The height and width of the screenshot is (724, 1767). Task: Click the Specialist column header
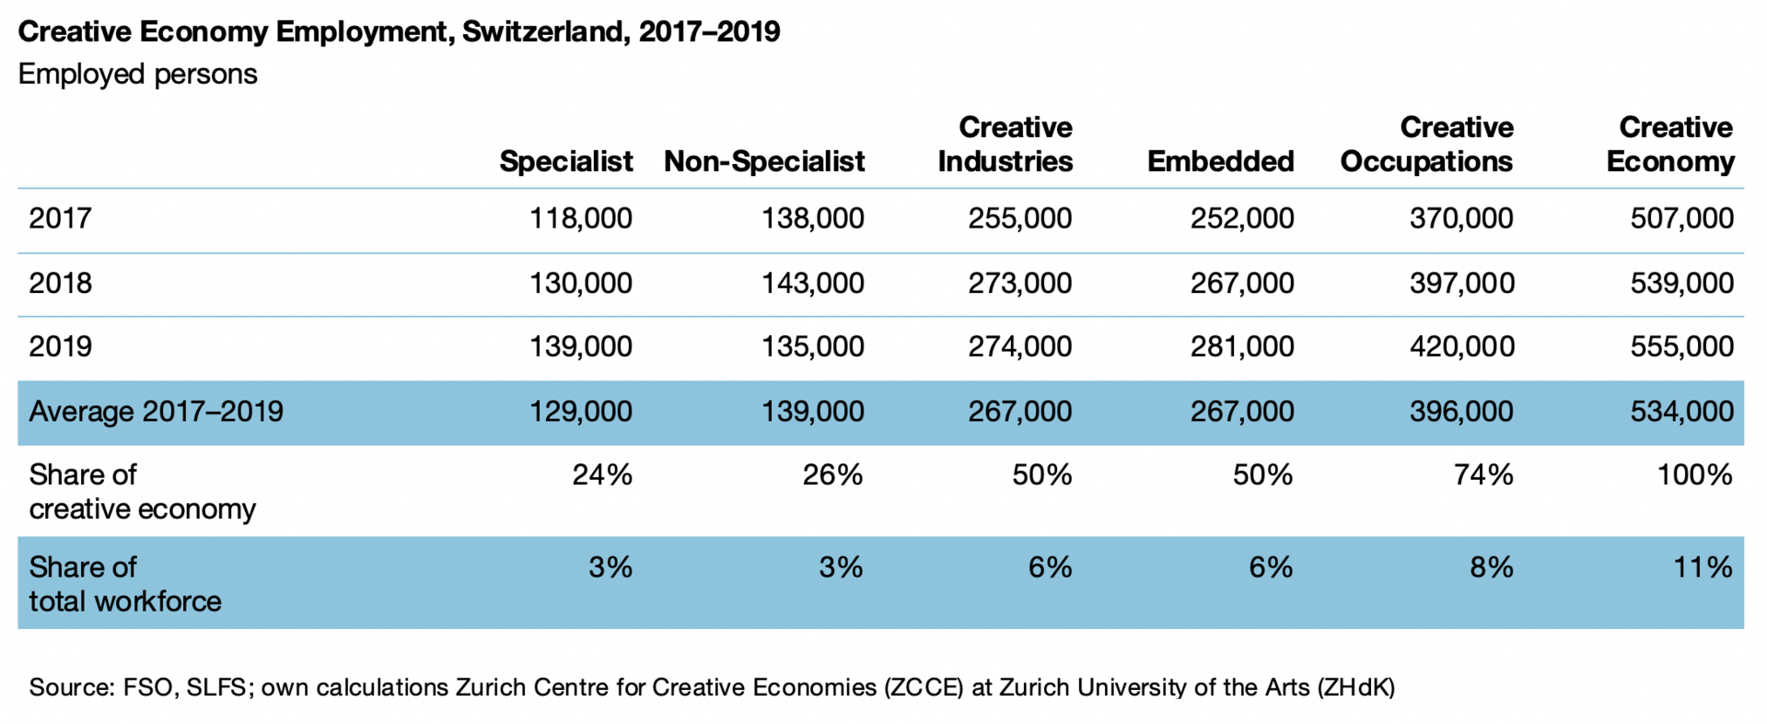(x=565, y=161)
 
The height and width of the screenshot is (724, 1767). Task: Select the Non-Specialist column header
(x=763, y=161)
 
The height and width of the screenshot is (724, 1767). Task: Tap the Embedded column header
(x=1220, y=161)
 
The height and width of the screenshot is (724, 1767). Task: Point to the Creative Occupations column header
(x=1426, y=145)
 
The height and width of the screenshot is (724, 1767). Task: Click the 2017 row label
(x=60, y=218)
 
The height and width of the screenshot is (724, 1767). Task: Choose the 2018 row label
(x=60, y=283)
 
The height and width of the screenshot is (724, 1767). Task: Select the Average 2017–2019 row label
(x=156, y=411)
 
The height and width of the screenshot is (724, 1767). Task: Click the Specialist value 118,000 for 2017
(x=580, y=218)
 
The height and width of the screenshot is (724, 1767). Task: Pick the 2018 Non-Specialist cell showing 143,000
(x=812, y=283)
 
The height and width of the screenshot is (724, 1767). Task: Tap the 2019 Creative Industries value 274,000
(x=1019, y=346)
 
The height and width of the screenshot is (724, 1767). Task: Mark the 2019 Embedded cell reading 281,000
(x=1241, y=346)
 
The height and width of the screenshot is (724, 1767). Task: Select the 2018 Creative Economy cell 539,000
(x=1681, y=283)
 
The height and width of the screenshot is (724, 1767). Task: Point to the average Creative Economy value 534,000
(x=1681, y=411)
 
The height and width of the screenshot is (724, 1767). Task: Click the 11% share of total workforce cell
(x=1703, y=566)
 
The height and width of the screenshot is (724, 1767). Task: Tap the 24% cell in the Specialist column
(x=602, y=474)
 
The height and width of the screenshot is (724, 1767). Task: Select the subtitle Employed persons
(x=137, y=74)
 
